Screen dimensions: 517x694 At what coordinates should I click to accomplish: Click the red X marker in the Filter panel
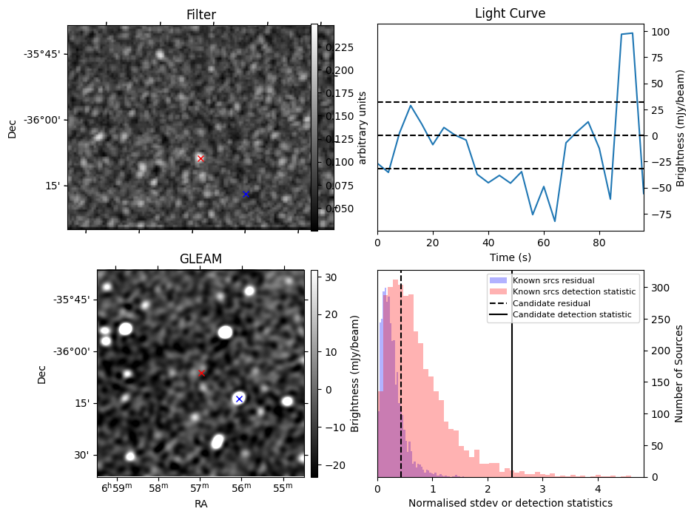[201, 158]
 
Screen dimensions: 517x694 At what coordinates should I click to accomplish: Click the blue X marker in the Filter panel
[246, 194]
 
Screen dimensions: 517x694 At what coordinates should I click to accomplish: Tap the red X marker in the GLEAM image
[201, 373]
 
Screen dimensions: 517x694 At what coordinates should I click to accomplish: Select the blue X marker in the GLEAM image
[239, 399]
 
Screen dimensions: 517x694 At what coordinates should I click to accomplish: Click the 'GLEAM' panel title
[201, 259]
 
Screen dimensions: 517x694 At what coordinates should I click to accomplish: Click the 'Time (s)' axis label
[510, 257]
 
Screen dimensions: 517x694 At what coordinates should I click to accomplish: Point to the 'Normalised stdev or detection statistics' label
[510, 503]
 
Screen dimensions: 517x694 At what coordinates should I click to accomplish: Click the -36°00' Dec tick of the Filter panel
[43, 120]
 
